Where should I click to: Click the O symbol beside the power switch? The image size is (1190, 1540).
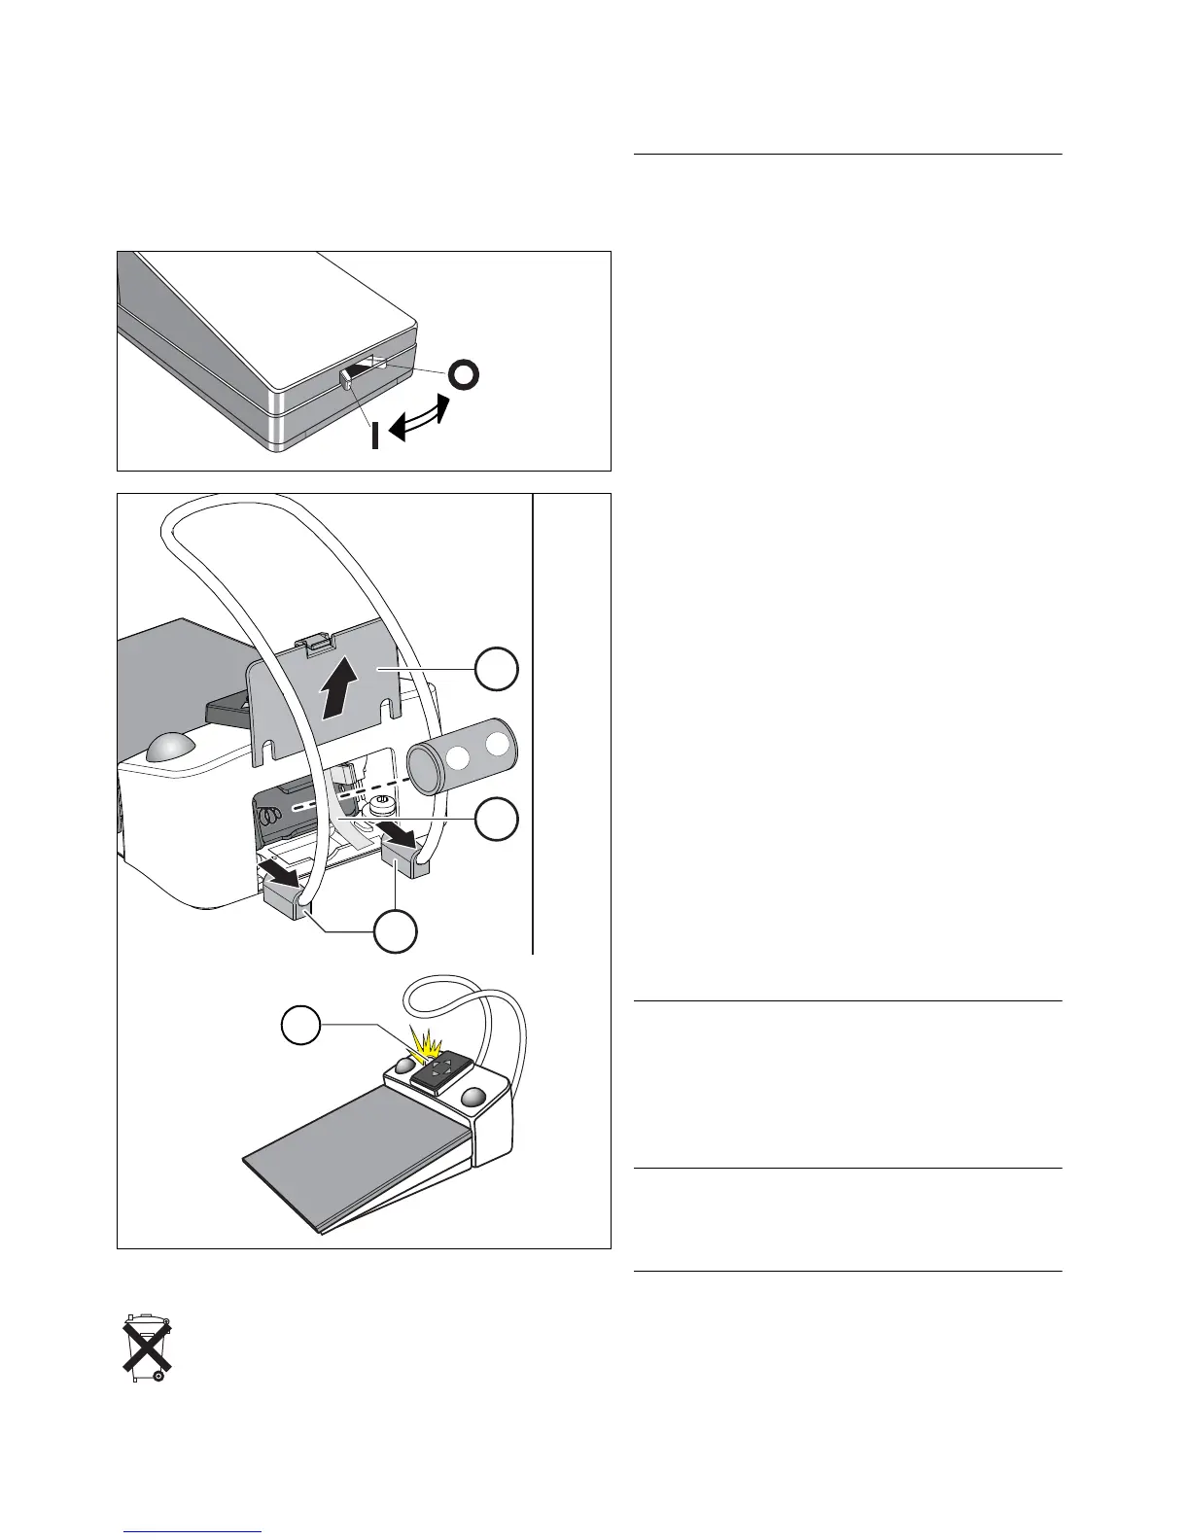[x=464, y=375]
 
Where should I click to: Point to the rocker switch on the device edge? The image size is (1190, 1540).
[x=362, y=373]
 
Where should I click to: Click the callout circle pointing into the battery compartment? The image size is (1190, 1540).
[x=496, y=822]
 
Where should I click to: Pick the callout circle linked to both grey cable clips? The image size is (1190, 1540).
[x=397, y=930]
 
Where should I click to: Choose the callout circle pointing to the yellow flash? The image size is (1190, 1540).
[x=300, y=1026]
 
